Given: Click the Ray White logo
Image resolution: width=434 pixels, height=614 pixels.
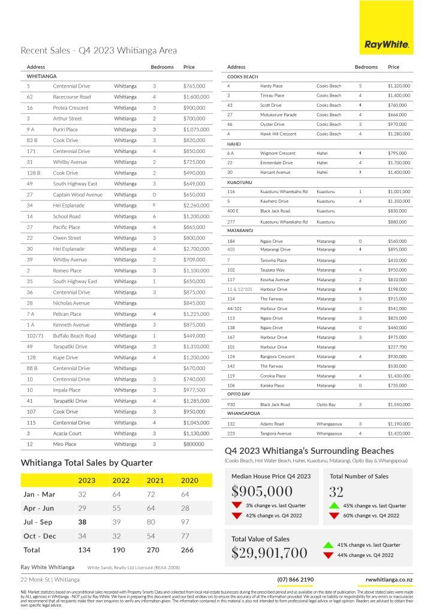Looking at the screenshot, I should (x=387, y=44).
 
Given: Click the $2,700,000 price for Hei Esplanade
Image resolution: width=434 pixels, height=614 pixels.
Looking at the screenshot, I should (x=197, y=249).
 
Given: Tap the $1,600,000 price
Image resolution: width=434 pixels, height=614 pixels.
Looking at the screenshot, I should (x=197, y=97).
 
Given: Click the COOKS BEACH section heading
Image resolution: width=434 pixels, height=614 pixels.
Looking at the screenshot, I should (x=242, y=77).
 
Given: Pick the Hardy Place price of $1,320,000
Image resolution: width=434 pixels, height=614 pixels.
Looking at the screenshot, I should (x=399, y=86).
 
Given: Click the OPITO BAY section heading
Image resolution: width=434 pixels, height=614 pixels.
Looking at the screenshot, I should (x=239, y=395).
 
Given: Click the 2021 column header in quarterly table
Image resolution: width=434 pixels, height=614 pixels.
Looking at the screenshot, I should (x=155, y=480).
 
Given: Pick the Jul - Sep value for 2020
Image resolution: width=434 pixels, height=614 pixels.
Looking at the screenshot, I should (x=189, y=522).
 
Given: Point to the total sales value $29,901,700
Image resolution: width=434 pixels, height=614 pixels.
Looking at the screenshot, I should (x=269, y=552).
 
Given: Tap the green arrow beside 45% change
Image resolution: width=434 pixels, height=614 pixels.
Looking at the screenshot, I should (x=334, y=505).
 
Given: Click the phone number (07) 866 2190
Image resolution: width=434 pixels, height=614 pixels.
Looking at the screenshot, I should (x=296, y=580).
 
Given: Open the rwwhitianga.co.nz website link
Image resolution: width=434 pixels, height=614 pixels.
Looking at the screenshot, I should (x=389, y=580).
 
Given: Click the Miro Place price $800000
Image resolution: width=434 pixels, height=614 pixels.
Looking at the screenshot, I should (x=195, y=444).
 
